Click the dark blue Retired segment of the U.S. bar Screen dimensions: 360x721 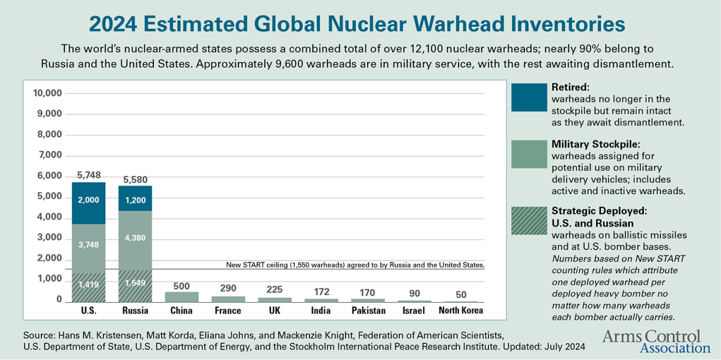coord(88,203)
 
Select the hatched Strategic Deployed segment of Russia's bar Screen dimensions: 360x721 coord(135,286)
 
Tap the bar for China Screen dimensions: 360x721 coord(181,297)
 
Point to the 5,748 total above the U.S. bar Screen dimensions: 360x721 coord(89,175)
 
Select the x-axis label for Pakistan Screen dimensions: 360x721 coord(368,311)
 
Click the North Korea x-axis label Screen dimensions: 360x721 coord(461,311)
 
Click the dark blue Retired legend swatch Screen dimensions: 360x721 coord(528,97)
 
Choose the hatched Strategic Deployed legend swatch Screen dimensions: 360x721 coord(528,221)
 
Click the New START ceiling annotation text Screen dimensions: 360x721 coord(354,264)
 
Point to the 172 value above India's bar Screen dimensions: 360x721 coord(321,291)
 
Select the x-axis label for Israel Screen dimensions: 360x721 coord(414,311)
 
